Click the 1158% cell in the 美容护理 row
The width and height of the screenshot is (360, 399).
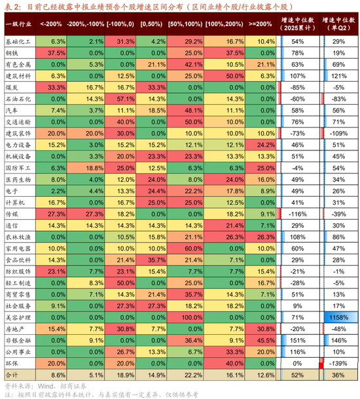(339, 317)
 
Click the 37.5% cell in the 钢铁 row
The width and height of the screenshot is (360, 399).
(55, 52)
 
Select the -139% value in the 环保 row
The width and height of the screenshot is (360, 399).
(339, 363)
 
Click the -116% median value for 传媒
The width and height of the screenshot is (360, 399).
(297, 213)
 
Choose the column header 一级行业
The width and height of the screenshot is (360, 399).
(18, 24)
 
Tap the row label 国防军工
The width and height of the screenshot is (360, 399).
(18, 167)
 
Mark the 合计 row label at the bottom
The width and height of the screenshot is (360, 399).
(12, 375)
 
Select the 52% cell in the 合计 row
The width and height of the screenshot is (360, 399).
(297, 375)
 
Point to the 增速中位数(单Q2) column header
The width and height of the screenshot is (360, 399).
(338, 24)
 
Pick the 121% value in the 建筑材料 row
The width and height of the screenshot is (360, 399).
(339, 75)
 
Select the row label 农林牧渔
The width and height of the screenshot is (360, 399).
(18, 237)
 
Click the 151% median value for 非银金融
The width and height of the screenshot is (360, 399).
(297, 340)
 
